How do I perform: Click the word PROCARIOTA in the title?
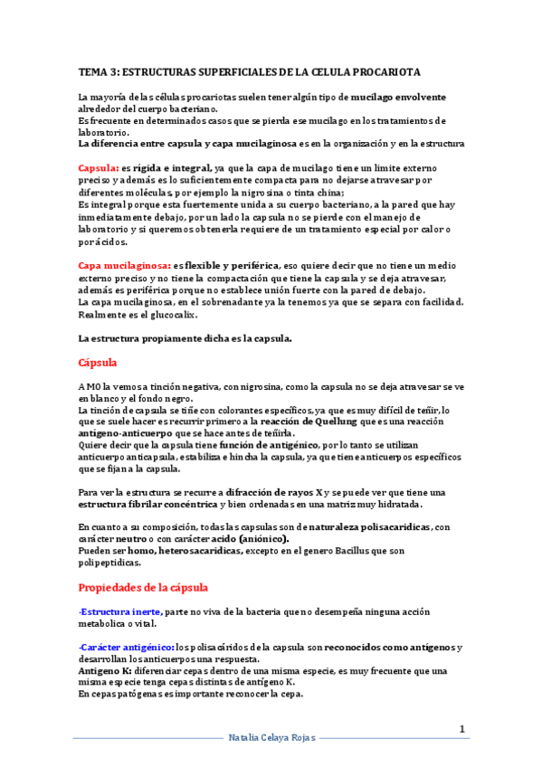coord(384,71)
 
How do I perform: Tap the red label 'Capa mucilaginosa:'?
coord(125,265)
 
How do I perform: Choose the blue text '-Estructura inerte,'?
coord(120,611)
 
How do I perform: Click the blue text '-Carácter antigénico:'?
coord(127,647)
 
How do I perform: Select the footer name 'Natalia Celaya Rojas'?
coord(271,739)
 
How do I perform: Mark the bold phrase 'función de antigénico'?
coord(257,445)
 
